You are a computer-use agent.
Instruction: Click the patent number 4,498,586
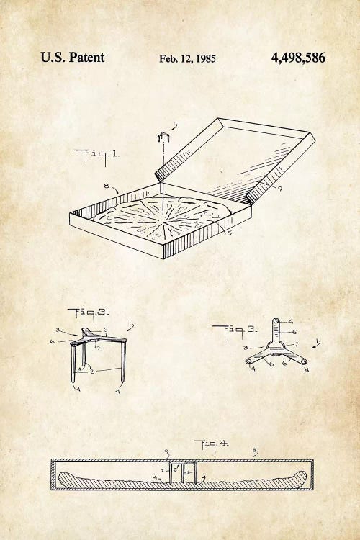(x=298, y=58)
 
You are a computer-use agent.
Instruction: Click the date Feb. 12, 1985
(x=187, y=59)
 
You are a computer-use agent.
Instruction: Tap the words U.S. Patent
(x=72, y=57)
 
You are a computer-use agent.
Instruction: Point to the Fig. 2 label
(x=88, y=313)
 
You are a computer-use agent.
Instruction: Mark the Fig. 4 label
(x=211, y=445)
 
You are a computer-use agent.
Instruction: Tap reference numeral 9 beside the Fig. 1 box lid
(x=280, y=189)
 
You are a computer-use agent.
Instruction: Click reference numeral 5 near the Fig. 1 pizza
(x=229, y=233)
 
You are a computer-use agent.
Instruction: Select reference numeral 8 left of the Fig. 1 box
(x=107, y=186)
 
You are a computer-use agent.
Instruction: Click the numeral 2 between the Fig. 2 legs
(x=92, y=372)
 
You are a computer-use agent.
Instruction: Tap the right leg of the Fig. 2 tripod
(x=123, y=361)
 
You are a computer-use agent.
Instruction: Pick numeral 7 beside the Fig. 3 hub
(x=295, y=344)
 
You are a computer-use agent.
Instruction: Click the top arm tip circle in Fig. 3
(x=276, y=322)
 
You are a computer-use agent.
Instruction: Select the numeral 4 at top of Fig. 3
(x=290, y=321)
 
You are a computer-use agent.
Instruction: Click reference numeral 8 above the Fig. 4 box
(x=255, y=450)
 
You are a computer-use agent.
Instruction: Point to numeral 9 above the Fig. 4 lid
(x=167, y=451)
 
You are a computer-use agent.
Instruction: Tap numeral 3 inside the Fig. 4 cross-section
(x=175, y=469)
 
